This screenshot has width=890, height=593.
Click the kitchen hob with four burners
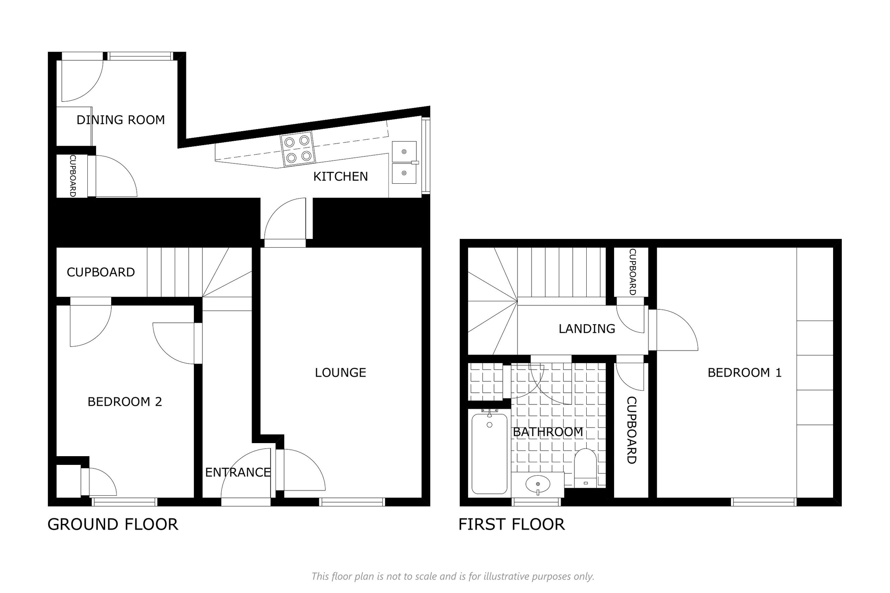coord(298,149)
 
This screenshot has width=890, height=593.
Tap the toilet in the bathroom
coord(585,468)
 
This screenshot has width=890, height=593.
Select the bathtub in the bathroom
coord(489,454)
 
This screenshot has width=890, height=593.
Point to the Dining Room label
coord(121,120)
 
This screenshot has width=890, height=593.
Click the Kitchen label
coord(341,176)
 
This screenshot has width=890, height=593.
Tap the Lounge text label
coord(341,372)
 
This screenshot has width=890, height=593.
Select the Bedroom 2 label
coord(125,402)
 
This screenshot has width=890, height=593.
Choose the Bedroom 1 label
coord(744,372)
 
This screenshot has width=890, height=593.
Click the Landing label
coord(587,329)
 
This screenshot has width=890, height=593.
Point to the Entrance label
coord(238,472)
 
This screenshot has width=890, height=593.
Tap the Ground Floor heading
coord(113,524)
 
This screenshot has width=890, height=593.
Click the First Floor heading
coord(511,524)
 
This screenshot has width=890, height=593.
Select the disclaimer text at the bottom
coord(453,576)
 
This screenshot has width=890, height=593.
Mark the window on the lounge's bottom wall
coord(352,502)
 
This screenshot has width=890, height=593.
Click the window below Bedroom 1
coord(764,502)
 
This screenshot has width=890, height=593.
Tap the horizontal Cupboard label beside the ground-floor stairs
coord(101,272)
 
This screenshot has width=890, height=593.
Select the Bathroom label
coord(548,432)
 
